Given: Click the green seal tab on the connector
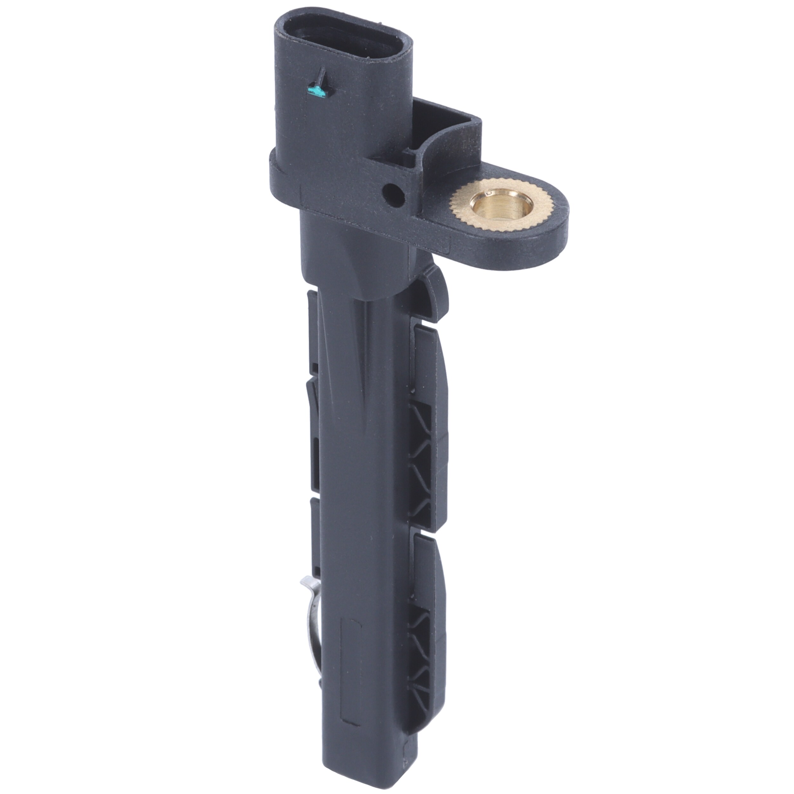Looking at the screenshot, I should pyautogui.click(x=318, y=92).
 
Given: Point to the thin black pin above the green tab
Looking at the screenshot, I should pyautogui.click(x=322, y=76).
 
